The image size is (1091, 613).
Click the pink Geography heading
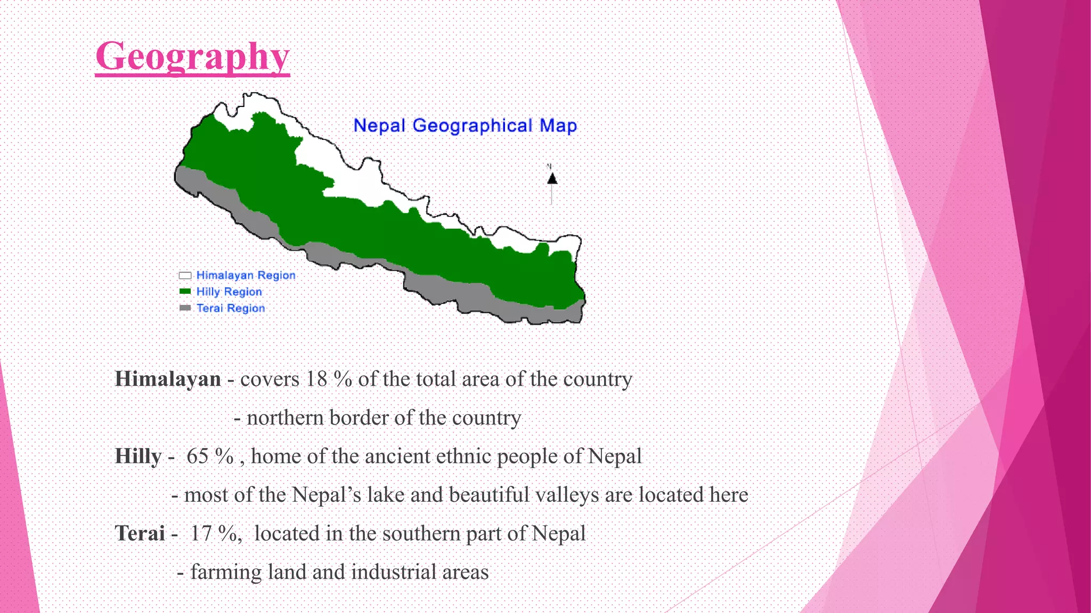(192, 56)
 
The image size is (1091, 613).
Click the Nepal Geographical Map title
(465, 126)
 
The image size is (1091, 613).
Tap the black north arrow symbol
(552, 179)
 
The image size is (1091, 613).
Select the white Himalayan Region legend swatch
(185, 275)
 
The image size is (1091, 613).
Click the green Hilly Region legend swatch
(185, 292)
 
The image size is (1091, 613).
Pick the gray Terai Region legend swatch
(185, 308)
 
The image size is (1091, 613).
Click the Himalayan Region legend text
(246, 275)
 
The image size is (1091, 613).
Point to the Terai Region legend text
(231, 308)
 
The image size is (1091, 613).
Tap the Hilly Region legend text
(229, 292)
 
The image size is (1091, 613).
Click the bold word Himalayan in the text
(168, 379)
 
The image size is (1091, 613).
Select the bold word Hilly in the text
(138, 456)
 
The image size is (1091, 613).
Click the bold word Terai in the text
(140, 533)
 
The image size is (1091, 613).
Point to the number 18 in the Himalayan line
(316, 379)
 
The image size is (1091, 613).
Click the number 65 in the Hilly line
(197, 456)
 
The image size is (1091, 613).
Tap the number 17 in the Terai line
(201, 533)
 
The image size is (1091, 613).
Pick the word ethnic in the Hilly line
(462, 456)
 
